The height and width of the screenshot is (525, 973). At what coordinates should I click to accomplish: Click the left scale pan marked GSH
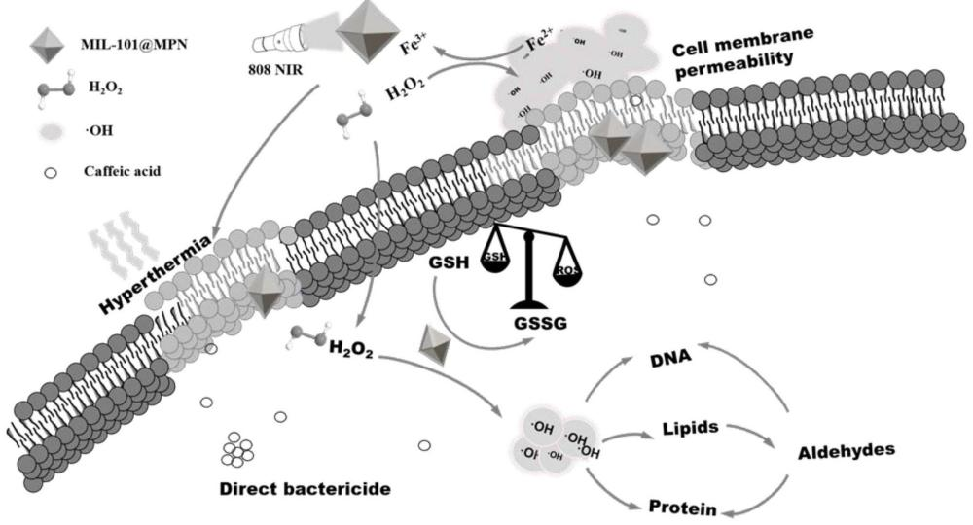(495, 260)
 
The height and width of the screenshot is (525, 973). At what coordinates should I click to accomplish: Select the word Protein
(684, 507)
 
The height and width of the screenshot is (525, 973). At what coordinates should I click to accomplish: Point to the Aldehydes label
(847, 452)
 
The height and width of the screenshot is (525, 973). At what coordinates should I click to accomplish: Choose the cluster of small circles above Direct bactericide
(236, 449)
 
